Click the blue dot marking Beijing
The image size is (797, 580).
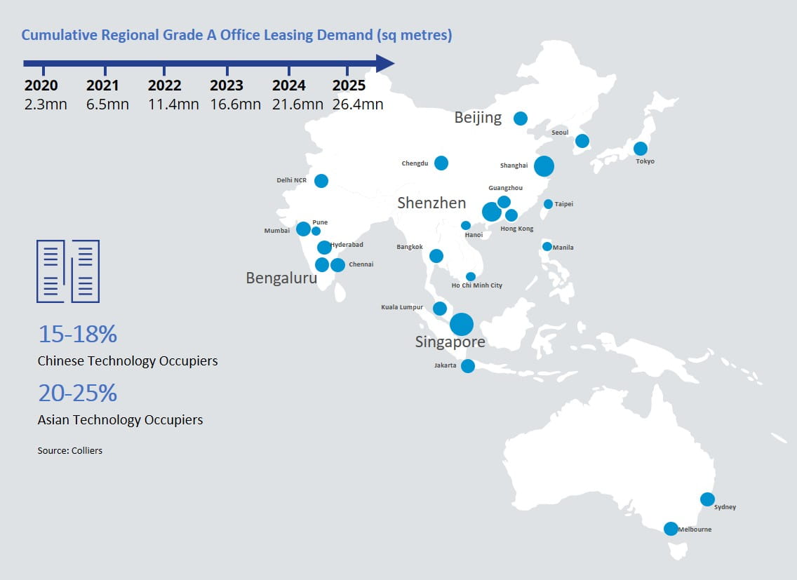tap(520, 119)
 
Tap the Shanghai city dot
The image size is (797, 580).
tap(544, 166)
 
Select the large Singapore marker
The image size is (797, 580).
tap(461, 324)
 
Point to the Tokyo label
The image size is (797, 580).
tap(645, 161)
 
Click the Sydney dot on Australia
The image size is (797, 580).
tap(707, 499)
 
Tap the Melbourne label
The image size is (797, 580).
tap(695, 530)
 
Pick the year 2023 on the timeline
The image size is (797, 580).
tap(227, 86)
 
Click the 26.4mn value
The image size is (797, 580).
tap(358, 104)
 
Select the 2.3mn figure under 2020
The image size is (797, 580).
tap(41, 104)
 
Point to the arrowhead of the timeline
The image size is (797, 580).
tap(384, 63)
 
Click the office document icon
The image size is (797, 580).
tap(68, 271)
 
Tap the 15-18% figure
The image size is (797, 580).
tap(77, 335)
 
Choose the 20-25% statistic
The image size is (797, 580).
tap(77, 393)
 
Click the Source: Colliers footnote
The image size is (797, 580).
tap(70, 450)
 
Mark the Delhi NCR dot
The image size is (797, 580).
tap(321, 181)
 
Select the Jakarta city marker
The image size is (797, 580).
tap(467, 366)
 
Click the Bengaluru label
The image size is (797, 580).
tap(281, 278)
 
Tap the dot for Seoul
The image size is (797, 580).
tap(582, 142)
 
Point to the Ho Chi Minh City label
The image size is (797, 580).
tap(477, 285)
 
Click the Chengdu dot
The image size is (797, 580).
tap(441, 163)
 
